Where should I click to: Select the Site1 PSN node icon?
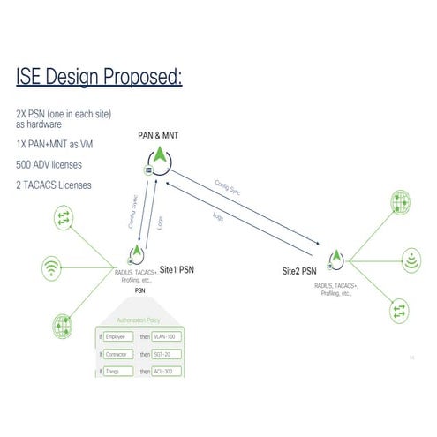click(136, 256)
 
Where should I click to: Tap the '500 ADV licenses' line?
click(49, 164)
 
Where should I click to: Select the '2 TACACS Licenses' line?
click(53, 185)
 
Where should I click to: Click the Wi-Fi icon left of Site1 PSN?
click(55, 267)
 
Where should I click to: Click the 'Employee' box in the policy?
click(118, 337)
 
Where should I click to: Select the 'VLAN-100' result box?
click(167, 337)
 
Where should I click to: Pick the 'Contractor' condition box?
click(119, 354)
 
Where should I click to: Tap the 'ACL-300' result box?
click(167, 371)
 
